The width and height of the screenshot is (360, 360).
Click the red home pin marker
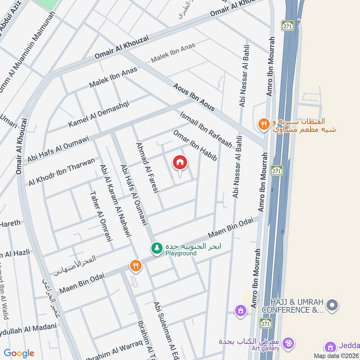click(180, 163)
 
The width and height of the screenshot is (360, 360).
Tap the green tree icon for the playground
click(157, 248)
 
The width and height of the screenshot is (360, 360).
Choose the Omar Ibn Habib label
click(195, 145)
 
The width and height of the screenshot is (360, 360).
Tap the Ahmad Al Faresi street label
click(148, 168)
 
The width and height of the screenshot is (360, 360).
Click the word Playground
click(180, 253)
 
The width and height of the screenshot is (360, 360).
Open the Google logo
click(19, 353)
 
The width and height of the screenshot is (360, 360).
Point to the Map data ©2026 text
click(336, 355)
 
